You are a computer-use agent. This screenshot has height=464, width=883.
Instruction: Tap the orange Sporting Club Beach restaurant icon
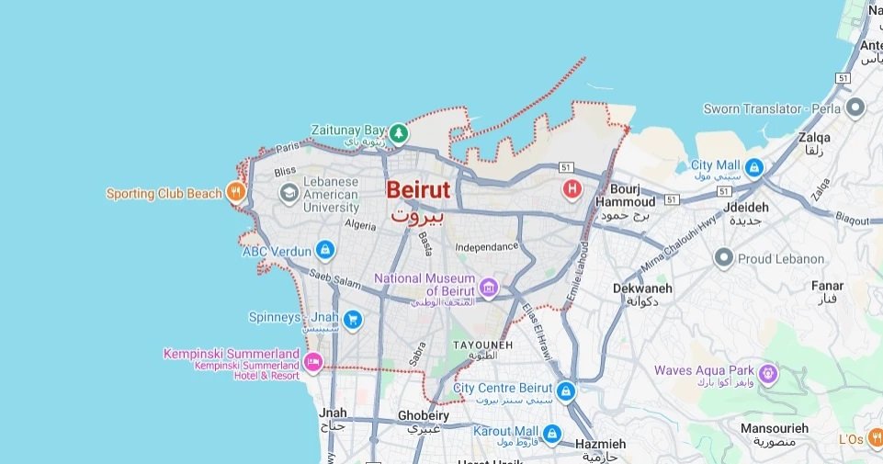pos(237,192)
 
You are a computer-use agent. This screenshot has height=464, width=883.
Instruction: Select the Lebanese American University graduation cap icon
pos(289,192)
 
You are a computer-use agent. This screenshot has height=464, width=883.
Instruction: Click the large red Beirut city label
pos(418,190)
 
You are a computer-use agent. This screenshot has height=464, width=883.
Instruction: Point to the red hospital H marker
pos(572,189)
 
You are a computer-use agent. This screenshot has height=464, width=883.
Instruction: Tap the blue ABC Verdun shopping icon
pos(324,249)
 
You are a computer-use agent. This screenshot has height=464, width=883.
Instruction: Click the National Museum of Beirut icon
pos(489,289)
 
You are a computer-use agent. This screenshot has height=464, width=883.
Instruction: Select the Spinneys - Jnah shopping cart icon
pos(352,320)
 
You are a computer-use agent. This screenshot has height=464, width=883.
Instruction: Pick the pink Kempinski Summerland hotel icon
pos(313,360)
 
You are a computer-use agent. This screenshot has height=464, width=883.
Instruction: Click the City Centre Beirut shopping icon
pos(565,390)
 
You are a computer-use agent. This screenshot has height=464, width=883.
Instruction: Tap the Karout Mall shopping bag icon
pos(552,433)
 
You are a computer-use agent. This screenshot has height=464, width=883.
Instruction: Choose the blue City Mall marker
pos(754,167)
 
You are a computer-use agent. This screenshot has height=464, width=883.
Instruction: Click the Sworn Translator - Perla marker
pos(855,108)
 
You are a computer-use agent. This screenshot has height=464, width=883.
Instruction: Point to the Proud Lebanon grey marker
pos(723,258)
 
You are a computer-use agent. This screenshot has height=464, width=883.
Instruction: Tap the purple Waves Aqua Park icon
pos(769,373)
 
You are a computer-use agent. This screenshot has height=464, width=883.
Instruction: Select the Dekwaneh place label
pos(642,289)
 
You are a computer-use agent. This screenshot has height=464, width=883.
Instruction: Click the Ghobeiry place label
pos(424,415)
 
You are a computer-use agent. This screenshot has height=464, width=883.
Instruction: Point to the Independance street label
pos(487,247)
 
